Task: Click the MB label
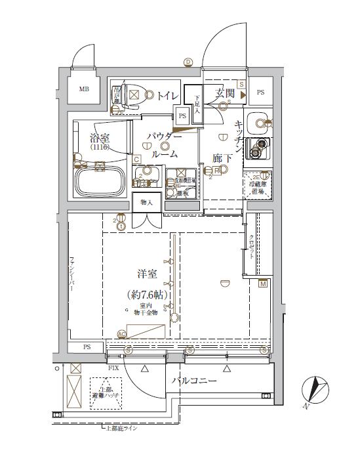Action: coord(85,89)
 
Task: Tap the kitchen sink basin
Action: coord(260,122)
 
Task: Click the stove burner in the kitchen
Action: coord(261,145)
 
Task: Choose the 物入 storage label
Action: coord(146,203)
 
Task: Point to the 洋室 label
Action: coord(148,273)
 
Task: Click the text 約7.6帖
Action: coord(148,295)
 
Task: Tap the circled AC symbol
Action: coord(121,334)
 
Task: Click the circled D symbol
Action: coord(188,62)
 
